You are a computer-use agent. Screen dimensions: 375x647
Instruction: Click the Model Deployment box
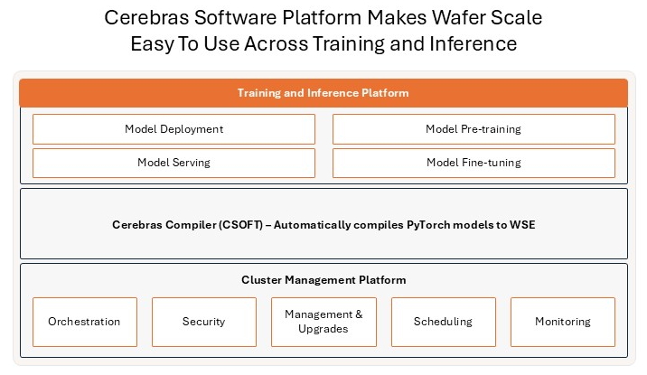point(173,129)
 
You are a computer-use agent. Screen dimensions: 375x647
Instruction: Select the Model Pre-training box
point(474,129)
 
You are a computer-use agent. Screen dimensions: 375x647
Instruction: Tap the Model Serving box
point(173,163)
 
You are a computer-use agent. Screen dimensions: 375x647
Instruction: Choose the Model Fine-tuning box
point(474,163)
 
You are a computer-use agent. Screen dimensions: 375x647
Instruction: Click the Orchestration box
point(84,322)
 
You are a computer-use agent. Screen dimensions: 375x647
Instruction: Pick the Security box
point(203,322)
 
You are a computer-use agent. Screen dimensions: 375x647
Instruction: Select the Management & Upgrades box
point(323,322)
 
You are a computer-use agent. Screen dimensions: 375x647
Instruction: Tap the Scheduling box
point(443,322)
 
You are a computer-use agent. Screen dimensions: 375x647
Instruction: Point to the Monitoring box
point(562,322)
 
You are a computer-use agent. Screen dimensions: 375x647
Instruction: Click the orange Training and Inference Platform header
point(323,93)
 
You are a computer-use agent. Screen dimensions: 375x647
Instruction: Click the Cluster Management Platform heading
point(323,280)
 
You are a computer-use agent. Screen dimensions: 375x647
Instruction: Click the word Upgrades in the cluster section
point(323,329)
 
